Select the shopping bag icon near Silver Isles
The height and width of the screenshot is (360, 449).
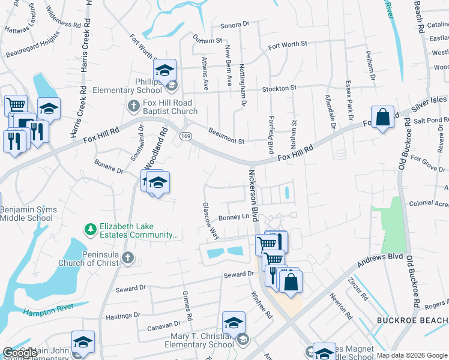(382, 117)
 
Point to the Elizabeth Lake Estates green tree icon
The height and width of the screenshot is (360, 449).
(90, 229)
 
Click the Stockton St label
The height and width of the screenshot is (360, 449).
(279, 88)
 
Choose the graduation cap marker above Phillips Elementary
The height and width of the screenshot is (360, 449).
(164, 71)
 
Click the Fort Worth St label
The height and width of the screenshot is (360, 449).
(288, 44)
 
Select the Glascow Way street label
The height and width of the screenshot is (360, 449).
(209, 221)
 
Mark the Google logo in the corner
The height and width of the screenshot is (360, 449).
(19, 353)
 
